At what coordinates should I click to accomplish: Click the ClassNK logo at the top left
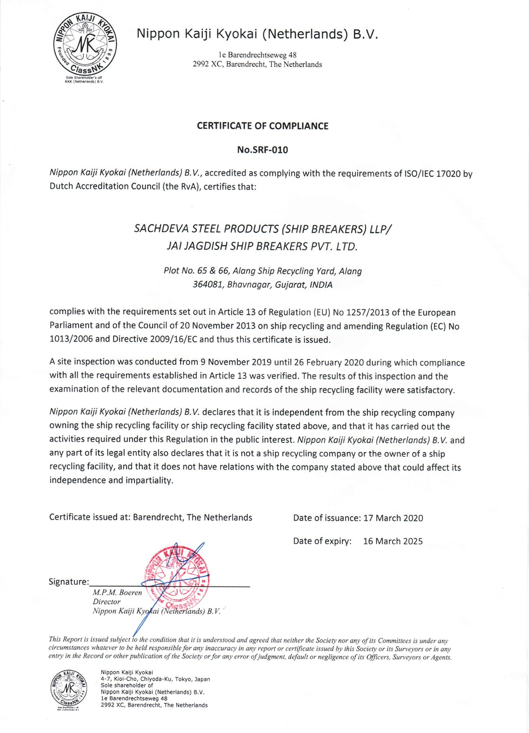[x=85, y=43]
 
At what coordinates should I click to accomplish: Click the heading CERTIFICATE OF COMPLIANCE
[x=262, y=126]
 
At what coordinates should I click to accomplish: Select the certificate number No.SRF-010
[x=262, y=150]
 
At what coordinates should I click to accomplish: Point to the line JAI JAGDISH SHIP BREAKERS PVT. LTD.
[x=262, y=246]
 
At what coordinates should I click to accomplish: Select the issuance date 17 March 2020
[x=393, y=518]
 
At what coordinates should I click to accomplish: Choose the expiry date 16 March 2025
[x=393, y=541]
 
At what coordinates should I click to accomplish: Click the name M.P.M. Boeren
[x=117, y=592]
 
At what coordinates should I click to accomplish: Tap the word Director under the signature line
[x=106, y=602]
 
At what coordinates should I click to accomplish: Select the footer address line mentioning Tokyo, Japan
[x=155, y=679]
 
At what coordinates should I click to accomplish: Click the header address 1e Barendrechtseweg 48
[x=258, y=55]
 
